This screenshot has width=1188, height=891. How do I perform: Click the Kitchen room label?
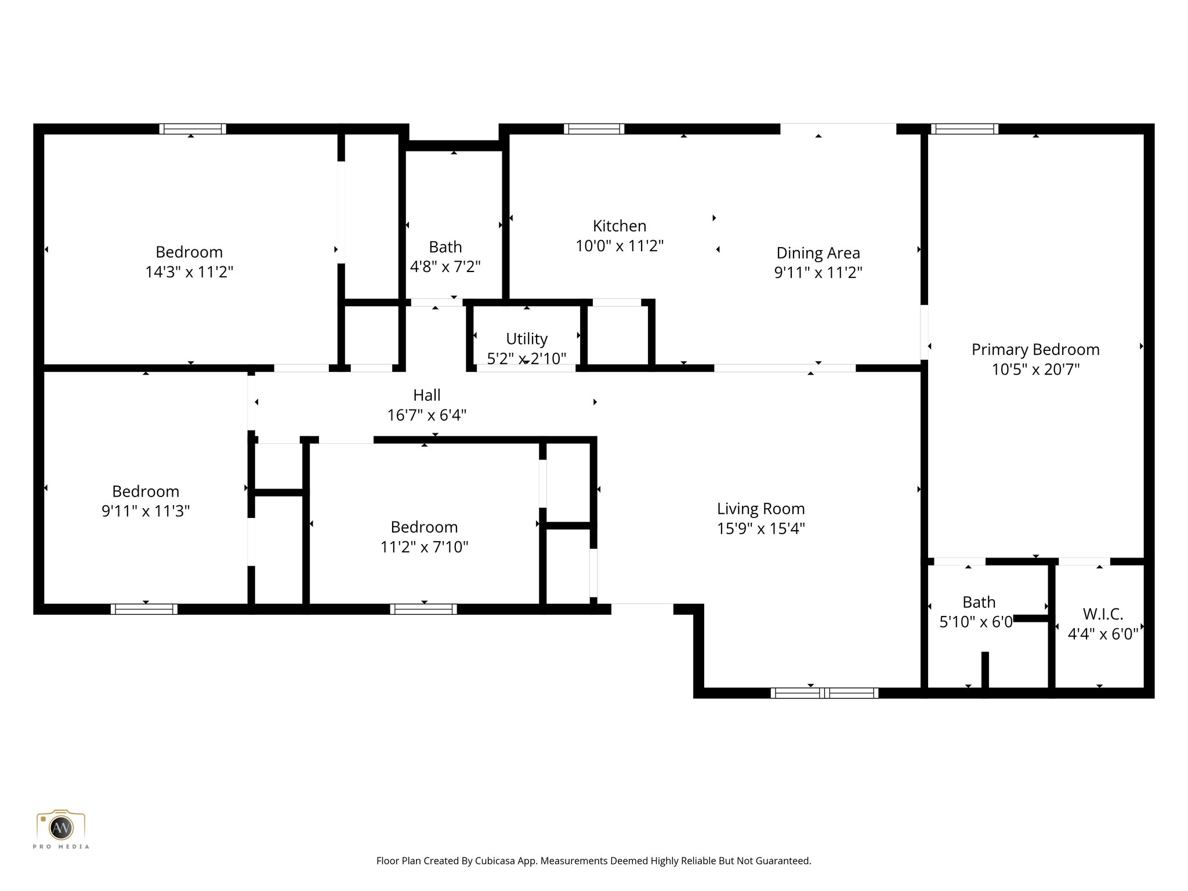pyautogui.click(x=619, y=226)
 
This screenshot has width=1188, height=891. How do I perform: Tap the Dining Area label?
pyautogui.click(x=818, y=253)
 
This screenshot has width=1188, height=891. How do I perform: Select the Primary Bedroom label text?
pyautogui.click(x=1035, y=349)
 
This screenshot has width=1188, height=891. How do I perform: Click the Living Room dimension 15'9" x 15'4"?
pyautogui.click(x=760, y=528)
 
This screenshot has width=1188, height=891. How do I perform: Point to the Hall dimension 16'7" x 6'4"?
pyautogui.click(x=426, y=415)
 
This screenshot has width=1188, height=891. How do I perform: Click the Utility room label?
pyautogui.click(x=526, y=339)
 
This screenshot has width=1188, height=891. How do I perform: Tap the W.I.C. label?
pyautogui.click(x=1102, y=614)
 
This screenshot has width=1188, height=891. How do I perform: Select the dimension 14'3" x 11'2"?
pyautogui.click(x=189, y=272)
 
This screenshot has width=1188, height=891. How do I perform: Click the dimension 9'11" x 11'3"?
pyautogui.click(x=146, y=511)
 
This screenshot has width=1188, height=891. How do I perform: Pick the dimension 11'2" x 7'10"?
pyautogui.click(x=424, y=547)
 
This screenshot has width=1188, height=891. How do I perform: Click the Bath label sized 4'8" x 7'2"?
pyautogui.click(x=445, y=247)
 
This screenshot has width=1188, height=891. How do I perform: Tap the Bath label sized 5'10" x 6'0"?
pyautogui.click(x=979, y=602)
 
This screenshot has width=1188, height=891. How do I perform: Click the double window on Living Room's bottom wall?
pyautogui.click(x=824, y=693)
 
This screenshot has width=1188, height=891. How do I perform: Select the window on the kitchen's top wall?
pyautogui.click(x=593, y=129)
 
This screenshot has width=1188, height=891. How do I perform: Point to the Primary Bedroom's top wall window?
pyautogui.click(x=964, y=129)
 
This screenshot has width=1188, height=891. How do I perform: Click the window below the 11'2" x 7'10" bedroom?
pyautogui.click(x=423, y=609)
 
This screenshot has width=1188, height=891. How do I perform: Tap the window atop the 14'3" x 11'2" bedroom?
pyautogui.click(x=193, y=129)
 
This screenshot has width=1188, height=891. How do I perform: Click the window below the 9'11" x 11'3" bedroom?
pyautogui.click(x=144, y=609)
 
